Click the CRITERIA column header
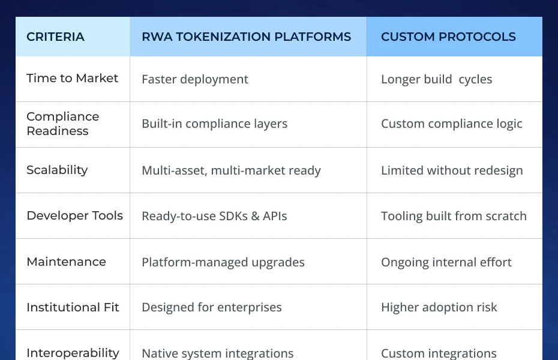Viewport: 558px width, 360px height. click(55, 37)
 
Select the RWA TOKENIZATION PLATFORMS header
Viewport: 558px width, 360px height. click(246, 37)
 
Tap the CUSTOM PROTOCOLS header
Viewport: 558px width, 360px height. click(448, 37)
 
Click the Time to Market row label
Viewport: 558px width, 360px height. click(73, 79)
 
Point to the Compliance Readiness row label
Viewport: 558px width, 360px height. click(62, 124)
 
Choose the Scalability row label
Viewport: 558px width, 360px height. click(57, 170)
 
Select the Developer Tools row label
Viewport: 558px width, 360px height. click(74, 215)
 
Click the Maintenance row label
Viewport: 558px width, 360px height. click(66, 262)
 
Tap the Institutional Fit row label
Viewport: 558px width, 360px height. click(73, 307)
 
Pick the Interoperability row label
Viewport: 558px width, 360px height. click(73, 352)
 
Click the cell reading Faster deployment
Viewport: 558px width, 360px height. click(195, 79)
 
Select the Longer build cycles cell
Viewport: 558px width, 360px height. click(436, 79)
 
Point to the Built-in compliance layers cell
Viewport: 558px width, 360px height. click(214, 124)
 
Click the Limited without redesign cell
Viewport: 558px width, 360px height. click(452, 170)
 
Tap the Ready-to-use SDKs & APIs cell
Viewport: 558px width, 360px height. click(214, 216)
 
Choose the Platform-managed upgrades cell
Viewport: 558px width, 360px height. click(223, 262)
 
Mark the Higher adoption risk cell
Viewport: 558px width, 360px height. click(439, 308)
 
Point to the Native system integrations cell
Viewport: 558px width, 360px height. click(217, 353)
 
